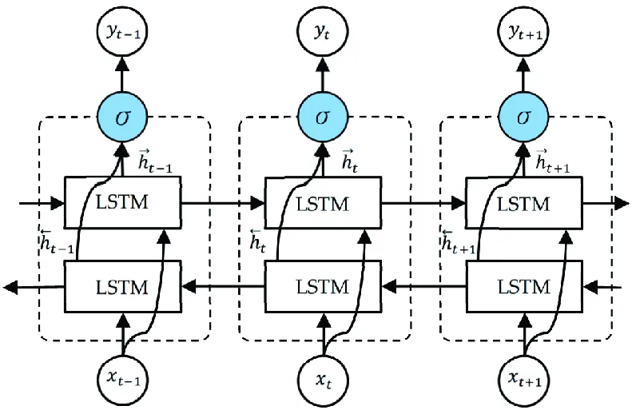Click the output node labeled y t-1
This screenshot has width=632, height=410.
click(x=122, y=32)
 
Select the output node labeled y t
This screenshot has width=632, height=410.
click(x=324, y=32)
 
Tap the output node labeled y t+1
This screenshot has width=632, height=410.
click(x=524, y=32)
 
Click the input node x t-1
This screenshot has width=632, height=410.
click(x=122, y=376)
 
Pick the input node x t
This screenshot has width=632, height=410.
click(x=324, y=376)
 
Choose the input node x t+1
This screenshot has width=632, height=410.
click(x=524, y=376)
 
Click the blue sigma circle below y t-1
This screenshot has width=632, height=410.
click(x=122, y=117)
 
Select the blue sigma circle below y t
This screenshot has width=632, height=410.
click(x=324, y=117)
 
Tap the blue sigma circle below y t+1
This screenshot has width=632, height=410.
click(x=524, y=117)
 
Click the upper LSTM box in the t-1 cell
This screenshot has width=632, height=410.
click(x=122, y=203)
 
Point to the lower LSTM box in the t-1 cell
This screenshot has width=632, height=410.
click(x=122, y=286)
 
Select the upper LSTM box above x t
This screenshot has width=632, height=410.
click(x=324, y=203)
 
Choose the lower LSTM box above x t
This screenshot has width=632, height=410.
click(x=324, y=286)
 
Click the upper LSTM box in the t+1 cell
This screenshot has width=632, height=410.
click(x=524, y=203)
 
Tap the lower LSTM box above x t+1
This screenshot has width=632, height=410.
click(x=524, y=286)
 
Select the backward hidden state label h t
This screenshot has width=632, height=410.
click(x=258, y=240)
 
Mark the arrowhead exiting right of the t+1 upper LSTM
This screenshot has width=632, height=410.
click(x=621, y=203)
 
